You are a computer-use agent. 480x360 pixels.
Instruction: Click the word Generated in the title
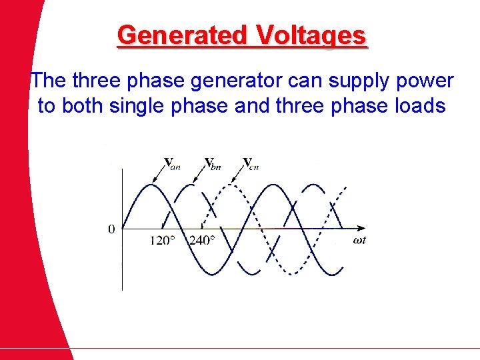(181, 35)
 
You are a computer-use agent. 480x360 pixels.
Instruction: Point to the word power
(425, 81)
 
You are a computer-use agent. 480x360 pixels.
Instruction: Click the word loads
(418, 105)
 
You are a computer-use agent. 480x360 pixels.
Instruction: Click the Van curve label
(172, 163)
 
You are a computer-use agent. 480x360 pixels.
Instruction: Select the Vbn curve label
(213, 163)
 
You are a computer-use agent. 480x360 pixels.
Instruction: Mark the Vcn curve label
(251, 163)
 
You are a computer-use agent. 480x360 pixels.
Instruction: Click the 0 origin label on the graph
(111, 229)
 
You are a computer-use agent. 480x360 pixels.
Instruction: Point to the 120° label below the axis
(162, 241)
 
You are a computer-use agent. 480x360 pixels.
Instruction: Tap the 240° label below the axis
(202, 241)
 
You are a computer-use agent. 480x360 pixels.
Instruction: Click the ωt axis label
(359, 241)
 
